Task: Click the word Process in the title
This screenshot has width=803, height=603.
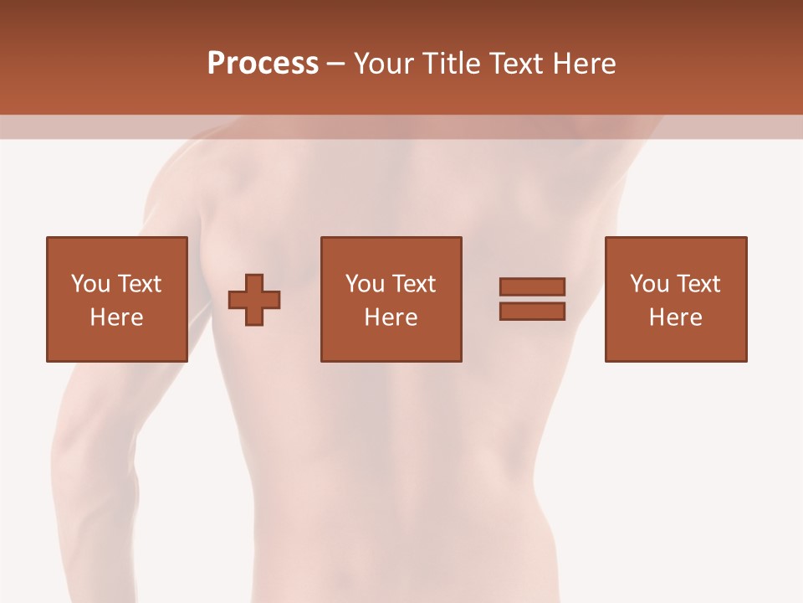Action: coord(263,64)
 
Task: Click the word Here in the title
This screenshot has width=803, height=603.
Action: coord(586,64)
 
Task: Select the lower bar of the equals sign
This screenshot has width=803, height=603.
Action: coord(532,311)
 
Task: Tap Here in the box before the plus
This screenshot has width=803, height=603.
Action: coord(117,317)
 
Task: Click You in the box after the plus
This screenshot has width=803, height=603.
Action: coord(365,284)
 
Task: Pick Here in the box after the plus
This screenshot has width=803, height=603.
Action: coord(391,317)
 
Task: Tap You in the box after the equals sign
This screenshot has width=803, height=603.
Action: coord(649,284)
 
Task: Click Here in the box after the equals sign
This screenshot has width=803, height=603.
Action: coord(676,317)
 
